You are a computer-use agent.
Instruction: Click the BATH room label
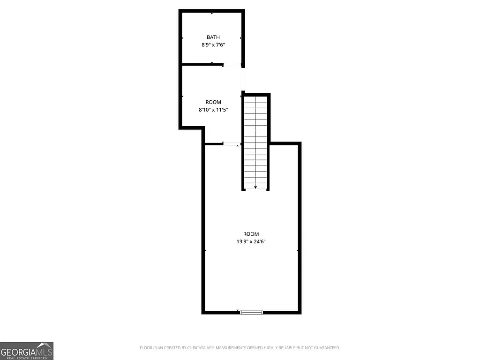coord(213,37)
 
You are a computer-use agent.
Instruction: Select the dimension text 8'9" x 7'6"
coord(213,45)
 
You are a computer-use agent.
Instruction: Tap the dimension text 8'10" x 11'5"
coord(213,110)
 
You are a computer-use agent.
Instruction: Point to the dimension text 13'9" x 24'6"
coord(251,242)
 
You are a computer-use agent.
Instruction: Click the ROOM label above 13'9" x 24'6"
coord(251,234)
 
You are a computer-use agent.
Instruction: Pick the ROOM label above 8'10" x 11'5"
coord(213,102)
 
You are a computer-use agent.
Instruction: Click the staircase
coord(255,141)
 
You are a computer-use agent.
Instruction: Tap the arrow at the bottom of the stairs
coord(255,187)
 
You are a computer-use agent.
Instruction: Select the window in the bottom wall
coord(252,312)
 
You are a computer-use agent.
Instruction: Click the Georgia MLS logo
coord(27,351)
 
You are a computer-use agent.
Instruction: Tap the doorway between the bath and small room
coord(232,65)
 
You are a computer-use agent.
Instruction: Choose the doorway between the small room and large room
coord(231,144)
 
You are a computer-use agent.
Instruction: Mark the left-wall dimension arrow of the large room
coord(206,251)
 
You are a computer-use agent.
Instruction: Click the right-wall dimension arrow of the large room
coord(297,251)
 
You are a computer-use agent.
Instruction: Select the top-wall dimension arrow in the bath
coord(212,14)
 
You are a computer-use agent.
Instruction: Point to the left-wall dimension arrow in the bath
coord(183,38)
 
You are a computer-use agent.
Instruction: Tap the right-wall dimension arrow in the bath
coord(240,38)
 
